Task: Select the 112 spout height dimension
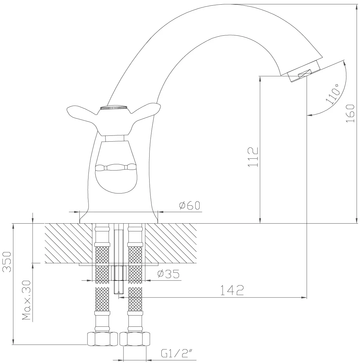[253, 157]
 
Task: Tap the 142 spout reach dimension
[232, 290]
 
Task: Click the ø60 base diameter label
[190, 205]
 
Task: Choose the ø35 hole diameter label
[169, 274]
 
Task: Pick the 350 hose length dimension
[7, 262]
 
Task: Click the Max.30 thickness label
[26, 300]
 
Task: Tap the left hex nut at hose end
[102, 339]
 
